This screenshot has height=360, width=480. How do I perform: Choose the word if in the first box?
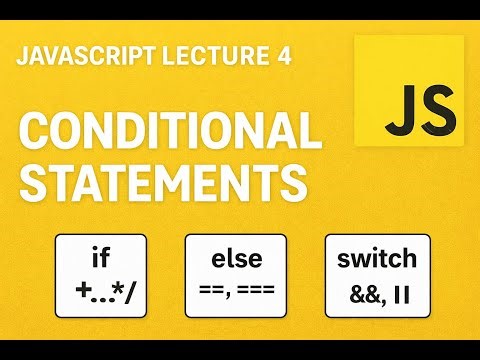[100, 259]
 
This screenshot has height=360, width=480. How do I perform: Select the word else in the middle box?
[236, 259]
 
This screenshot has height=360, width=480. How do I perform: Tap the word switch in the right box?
[377, 259]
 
